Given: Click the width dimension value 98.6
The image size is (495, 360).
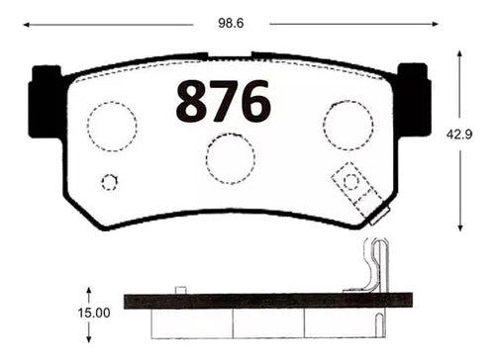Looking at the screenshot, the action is click(231, 24).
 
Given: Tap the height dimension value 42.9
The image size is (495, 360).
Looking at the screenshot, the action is click(459, 135).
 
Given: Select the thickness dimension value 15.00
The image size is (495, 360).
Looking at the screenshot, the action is click(94, 313).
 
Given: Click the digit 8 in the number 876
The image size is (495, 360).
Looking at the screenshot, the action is click(192, 101).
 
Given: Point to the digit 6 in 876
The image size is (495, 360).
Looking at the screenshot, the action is click(255, 101).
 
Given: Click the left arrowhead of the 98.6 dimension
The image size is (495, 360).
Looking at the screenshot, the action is click(26, 25).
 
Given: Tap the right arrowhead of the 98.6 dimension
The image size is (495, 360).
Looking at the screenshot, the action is click(435, 24).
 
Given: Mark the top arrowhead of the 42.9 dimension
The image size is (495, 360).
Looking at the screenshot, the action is click(459, 54).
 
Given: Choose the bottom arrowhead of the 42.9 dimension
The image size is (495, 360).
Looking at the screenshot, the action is click(460, 227).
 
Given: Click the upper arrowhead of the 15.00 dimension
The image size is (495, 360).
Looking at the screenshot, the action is click(89, 291).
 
